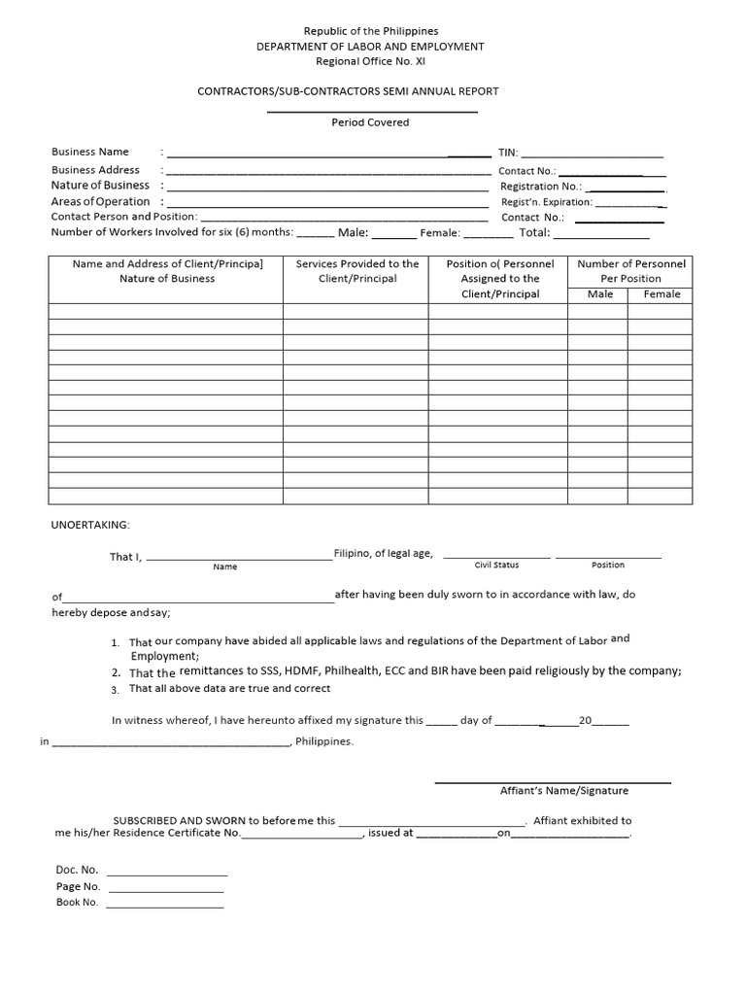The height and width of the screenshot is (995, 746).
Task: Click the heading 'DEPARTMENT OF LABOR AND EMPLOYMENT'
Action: click(x=370, y=47)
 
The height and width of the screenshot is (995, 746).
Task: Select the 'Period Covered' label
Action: click(x=370, y=122)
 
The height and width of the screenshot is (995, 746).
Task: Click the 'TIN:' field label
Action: click(x=508, y=153)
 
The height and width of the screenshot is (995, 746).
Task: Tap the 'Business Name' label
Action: click(x=89, y=152)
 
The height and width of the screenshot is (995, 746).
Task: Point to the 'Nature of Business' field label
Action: click(x=100, y=185)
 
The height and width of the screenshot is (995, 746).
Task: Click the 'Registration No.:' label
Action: click(x=540, y=186)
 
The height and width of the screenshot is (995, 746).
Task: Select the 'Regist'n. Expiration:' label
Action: click(x=546, y=202)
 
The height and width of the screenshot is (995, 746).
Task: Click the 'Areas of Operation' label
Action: click(x=100, y=201)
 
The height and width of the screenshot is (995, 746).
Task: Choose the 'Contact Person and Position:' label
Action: click(x=123, y=217)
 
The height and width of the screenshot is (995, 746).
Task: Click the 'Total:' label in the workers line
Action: click(x=534, y=233)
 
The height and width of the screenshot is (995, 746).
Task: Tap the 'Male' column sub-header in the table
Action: click(x=600, y=294)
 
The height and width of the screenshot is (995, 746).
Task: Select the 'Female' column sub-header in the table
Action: click(x=661, y=294)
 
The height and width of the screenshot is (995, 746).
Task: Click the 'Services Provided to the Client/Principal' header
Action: click(x=357, y=271)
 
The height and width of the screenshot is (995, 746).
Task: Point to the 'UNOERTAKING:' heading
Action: click(x=90, y=524)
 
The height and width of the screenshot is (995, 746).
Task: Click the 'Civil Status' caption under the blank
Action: click(x=496, y=566)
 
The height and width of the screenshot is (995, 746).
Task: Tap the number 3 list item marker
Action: click(x=115, y=690)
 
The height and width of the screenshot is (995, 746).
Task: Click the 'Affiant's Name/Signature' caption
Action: click(x=563, y=790)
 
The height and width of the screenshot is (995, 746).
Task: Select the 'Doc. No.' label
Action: click(x=78, y=870)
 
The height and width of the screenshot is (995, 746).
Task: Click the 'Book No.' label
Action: click(x=78, y=903)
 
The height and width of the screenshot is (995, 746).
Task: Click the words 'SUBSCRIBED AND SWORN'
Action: click(x=179, y=820)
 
